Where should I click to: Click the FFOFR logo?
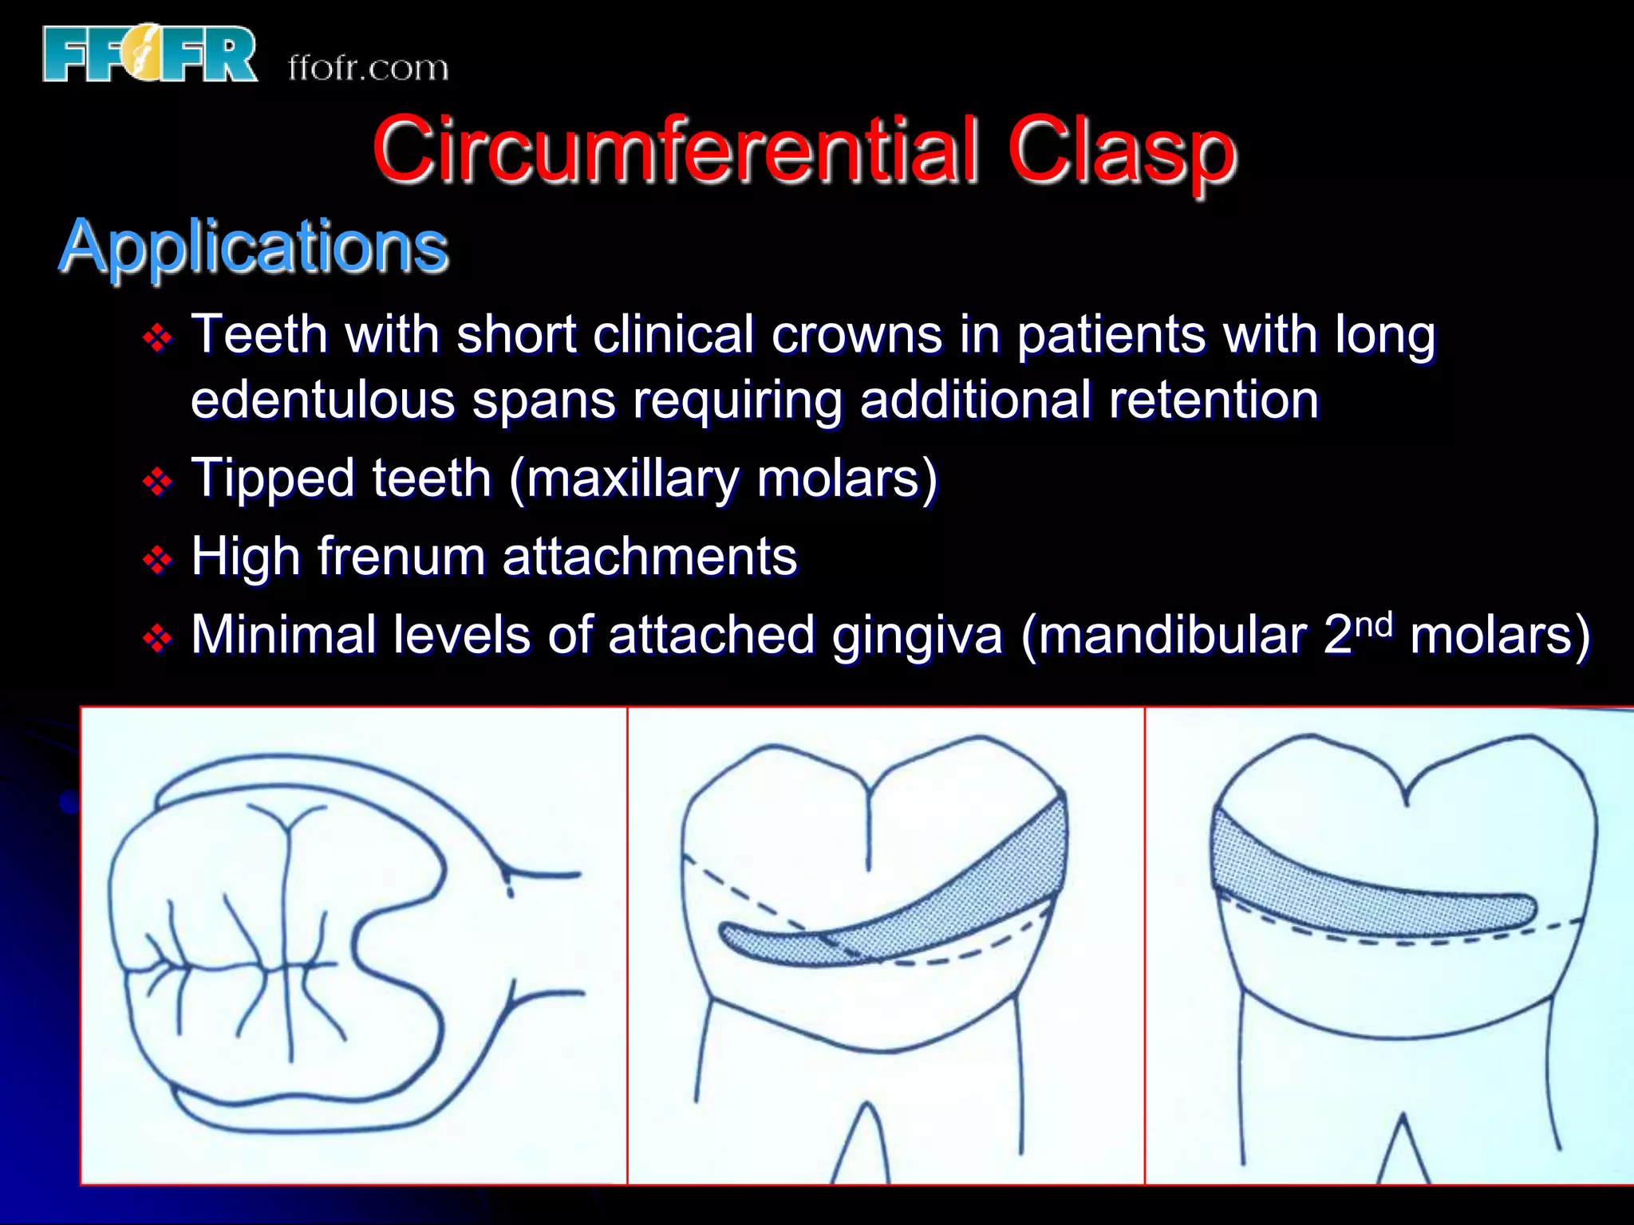point(150,54)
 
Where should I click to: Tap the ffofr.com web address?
point(368,69)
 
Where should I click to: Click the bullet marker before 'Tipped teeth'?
point(157,482)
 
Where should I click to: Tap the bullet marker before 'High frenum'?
point(157,560)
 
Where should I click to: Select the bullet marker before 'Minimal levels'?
point(157,638)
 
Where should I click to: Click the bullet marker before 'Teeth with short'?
point(157,338)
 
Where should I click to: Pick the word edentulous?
point(323,400)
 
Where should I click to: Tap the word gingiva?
point(917,636)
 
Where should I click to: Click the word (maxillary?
point(624,479)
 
